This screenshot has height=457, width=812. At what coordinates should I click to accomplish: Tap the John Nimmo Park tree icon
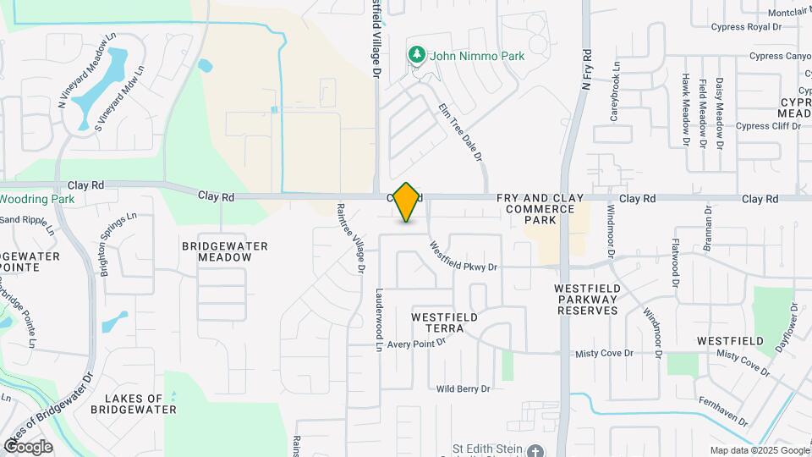click(x=416, y=56)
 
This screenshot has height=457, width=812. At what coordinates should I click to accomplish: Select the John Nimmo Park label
click(x=478, y=57)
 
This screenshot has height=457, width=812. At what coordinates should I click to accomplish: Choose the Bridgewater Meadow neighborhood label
click(x=225, y=251)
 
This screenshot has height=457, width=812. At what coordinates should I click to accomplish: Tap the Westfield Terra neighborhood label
click(x=444, y=322)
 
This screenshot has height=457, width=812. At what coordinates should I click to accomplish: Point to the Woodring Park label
click(x=37, y=200)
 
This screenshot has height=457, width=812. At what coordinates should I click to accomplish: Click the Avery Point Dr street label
click(x=415, y=344)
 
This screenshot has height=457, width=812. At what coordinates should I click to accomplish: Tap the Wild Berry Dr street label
click(x=463, y=389)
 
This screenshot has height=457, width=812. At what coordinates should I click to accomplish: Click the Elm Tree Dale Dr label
click(x=460, y=132)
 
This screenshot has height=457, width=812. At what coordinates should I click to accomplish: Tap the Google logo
click(x=28, y=446)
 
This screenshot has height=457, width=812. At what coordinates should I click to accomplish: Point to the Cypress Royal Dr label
click(x=745, y=27)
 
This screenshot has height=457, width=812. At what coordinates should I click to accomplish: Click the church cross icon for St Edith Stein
click(x=535, y=452)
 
